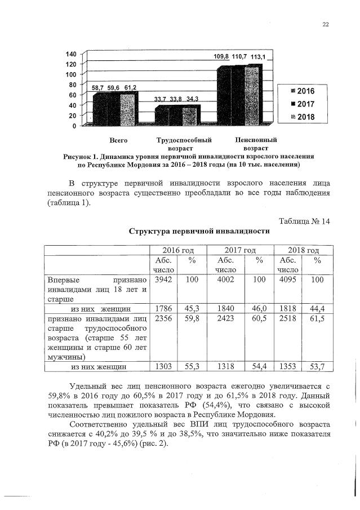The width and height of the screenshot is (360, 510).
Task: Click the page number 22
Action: tap(325, 24)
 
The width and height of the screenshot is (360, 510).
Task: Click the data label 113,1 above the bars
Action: tap(264, 56)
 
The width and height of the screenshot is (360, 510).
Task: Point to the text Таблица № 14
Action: tap(304, 220)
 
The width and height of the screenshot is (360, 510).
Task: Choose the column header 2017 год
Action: tap(240, 250)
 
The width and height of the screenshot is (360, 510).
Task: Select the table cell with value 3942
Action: tap(163, 280)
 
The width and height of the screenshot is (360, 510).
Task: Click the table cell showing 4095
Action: tap(287, 280)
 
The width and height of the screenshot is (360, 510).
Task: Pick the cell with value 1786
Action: tap(163, 309)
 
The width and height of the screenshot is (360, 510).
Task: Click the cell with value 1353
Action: tap(287, 367)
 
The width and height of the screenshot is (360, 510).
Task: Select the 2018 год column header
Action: tap(303, 250)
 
